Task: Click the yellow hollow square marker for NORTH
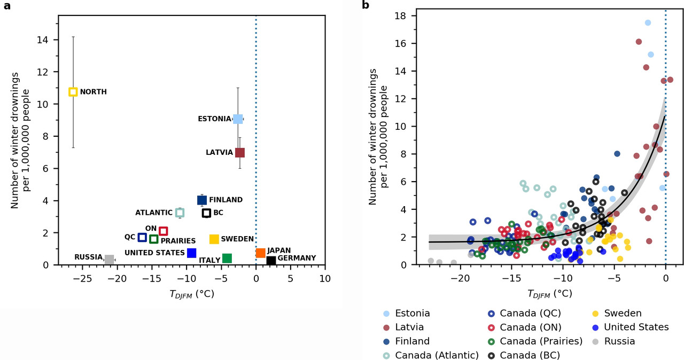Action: pyautogui.click(x=73, y=92)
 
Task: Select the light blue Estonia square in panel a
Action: pyautogui.click(x=238, y=119)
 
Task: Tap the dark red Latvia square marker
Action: pyautogui.click(x=240, y=152)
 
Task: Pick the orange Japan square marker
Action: pyautogui.click(x=261, y=253)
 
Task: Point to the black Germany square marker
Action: pyautogui.click(x=271, y=261)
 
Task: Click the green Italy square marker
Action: pyautogui.click(x=227, y=259)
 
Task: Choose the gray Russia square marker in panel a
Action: pyautogui.click(x=110, y=260)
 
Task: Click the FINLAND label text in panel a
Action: pyautogui.click(x=226, y=200)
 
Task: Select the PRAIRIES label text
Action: pyautogui.click(x=178, y=241)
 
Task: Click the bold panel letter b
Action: pyautogui.click(x=366, y=5)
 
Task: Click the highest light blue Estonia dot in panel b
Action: pyautogui.click(x=648, y=22)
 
